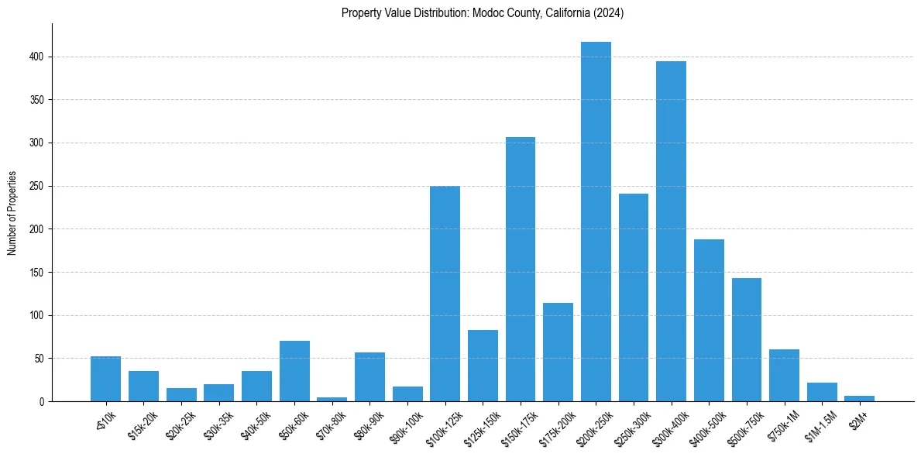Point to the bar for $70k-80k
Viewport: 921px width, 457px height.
click(332, 399)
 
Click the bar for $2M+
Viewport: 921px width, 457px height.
click(859, 398)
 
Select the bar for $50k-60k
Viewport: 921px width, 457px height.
click(294, 371)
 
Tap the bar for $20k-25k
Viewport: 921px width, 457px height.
click(181, 394)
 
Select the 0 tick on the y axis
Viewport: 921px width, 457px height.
click(43, 402)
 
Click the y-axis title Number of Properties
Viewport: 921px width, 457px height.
click(12, 212)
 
